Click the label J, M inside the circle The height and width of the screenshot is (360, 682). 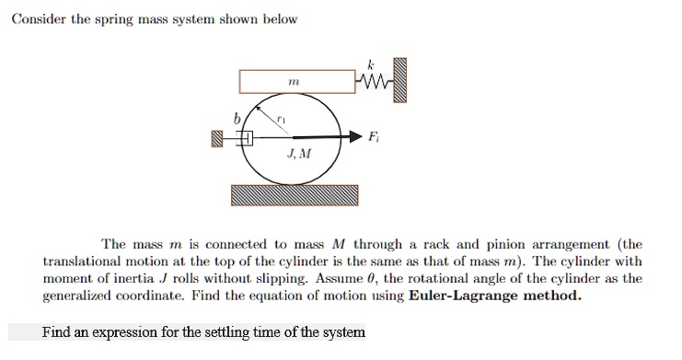click(x=298, y=154)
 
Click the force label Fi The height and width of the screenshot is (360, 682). click(x=373, y=137)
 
